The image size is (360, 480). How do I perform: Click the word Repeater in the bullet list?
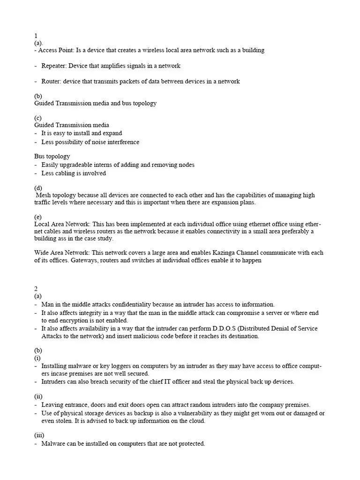[x=54, y=66]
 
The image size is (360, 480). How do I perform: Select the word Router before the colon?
[x=51, y=81]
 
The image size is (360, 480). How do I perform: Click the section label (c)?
[x=38, y=118]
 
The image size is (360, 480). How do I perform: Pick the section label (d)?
[x=38, y=188]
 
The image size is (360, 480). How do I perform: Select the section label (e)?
[x=38, y=217]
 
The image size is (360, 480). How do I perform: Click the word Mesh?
[x=45, y=195]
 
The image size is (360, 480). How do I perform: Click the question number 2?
[x=36, y=288]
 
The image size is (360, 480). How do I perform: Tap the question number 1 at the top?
[x=36, y=36]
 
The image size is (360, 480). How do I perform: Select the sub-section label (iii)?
[x=39, y=435]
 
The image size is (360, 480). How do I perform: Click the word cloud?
[x=197, y=420]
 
